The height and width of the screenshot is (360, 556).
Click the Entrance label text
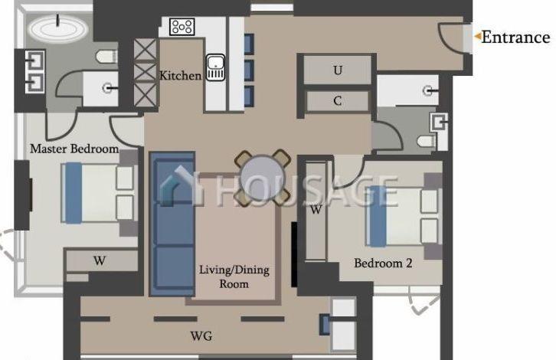tap(515, 38)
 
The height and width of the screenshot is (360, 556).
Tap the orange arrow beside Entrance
tap(478, 36)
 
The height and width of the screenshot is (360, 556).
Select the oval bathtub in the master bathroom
tap(57, 28)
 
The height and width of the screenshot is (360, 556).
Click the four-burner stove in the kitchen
tap(182, 27)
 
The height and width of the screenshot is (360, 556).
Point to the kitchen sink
tap(215, 67)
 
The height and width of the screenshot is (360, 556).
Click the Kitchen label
tap(181, 75)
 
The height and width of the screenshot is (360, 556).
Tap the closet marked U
tap(337, 70)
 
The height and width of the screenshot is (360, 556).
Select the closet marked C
tap(337, 101)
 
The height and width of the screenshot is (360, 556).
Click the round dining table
tap(263, 178)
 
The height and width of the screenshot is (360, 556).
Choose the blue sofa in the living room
tap(172, 224)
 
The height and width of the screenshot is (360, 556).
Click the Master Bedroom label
tap(74, 149)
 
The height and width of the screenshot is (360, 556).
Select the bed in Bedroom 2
tap(403, 216)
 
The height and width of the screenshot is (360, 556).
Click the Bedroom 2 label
tap(383, 263)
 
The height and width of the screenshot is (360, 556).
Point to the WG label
tap(201, 336)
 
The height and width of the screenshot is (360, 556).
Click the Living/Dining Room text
tap(234, 277)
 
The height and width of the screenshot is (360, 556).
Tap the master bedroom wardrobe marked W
tap(101, 261)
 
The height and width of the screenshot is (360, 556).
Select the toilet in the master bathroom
tap(106, 57)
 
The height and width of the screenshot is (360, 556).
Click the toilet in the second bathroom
tap(427, 141)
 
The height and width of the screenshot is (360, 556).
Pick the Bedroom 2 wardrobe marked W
tap(316, 211)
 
